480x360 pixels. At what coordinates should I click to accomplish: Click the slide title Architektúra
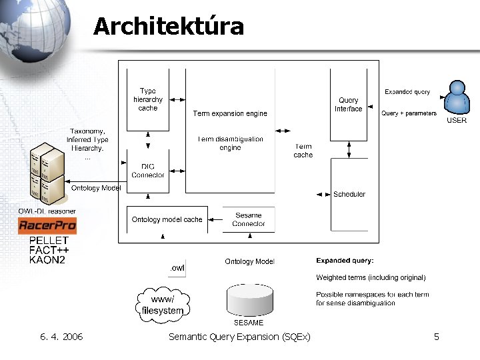pos(169,27)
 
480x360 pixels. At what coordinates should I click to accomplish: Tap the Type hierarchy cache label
pos(148,99)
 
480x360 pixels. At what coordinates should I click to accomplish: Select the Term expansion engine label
pos(229,113)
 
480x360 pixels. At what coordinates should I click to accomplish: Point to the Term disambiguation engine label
pos(230,143)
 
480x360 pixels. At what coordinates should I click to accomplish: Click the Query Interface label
pos(348,105)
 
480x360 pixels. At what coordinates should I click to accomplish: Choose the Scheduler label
pos(349,194)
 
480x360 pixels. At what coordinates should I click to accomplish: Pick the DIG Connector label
pos(148,171)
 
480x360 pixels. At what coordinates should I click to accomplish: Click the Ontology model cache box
pos(167,219)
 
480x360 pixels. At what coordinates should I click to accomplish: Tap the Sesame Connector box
pos(249,219)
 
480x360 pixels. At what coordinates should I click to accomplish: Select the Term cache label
pos(303,151)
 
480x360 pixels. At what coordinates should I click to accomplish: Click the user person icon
pos(457,98)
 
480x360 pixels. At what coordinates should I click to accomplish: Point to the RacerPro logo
pos(47,226)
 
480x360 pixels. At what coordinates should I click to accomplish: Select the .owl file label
pos(177,268)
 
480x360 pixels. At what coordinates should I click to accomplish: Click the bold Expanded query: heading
pos(345,261)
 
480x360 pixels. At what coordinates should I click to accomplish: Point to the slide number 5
pos(436,337)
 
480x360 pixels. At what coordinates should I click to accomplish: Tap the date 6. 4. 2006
pos(61,337)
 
